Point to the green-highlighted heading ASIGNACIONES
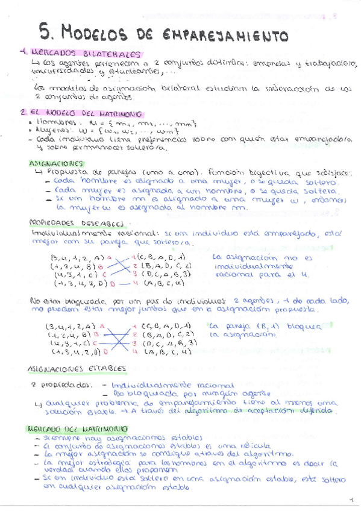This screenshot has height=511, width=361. coord(55,163)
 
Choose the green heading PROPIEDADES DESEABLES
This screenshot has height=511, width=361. coord(66,222)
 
